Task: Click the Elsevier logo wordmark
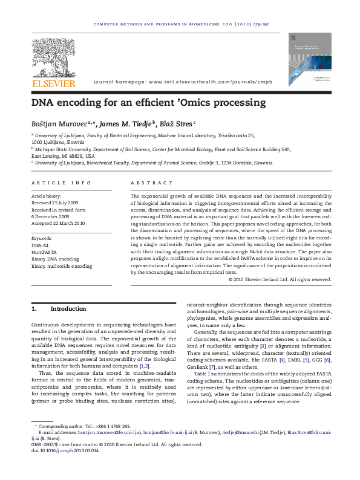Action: coord(54,83)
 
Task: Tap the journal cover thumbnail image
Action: coord(306,58)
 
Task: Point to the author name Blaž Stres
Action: coord(177,123)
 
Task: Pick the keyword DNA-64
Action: coord(40,246)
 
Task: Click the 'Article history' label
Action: coord(46,196)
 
